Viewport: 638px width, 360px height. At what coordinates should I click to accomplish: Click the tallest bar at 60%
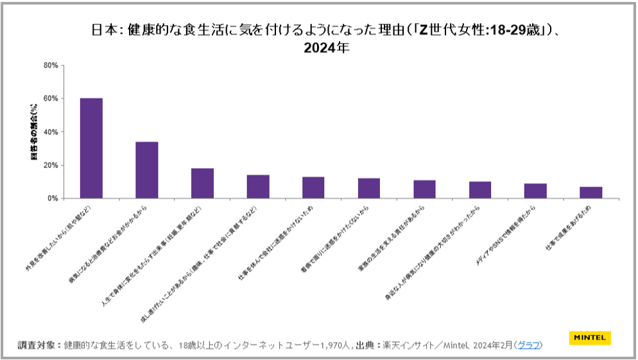point(91,148)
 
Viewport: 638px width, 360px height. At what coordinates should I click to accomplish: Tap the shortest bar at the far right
point(591,193)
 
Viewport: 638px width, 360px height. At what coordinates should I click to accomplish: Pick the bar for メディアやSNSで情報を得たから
point(535,191)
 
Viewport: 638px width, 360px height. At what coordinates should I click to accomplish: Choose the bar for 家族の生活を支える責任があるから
point(424,189)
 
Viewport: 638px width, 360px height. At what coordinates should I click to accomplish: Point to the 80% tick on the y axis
point(51,65)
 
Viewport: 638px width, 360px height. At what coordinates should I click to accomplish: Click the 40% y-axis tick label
point(51,132)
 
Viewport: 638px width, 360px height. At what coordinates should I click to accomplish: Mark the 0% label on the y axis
point(53,199)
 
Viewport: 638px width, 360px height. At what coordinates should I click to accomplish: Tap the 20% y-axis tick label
point(51,166)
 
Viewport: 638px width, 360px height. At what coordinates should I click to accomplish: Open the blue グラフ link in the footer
point(529,345)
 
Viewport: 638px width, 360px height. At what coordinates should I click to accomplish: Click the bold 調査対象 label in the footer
point(39,345)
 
